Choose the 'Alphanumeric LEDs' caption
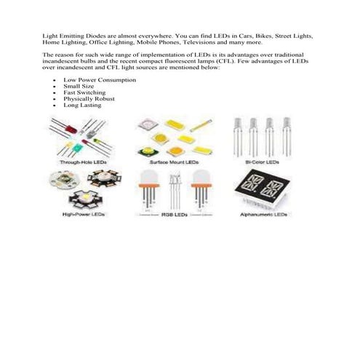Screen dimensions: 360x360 click(263, 215)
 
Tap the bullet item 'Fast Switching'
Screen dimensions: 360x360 click(84, 92)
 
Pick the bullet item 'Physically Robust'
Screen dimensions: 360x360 click(88, 99)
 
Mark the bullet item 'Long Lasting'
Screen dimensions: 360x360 click(82, 105)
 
